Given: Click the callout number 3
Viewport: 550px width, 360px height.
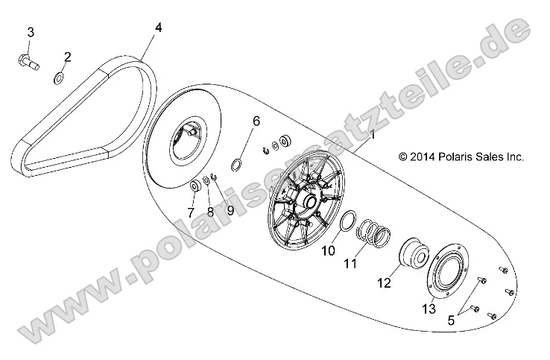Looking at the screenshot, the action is pos(31,31).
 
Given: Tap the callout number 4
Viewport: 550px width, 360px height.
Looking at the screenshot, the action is pos(158,28).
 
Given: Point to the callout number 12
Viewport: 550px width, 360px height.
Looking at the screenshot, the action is pos(384,283).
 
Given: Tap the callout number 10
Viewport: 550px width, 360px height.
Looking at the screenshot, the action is pos(328,252).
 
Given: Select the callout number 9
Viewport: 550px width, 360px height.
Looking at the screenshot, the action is pos(230,211).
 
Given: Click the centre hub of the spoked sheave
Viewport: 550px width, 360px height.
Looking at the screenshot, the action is pos(306,202).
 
